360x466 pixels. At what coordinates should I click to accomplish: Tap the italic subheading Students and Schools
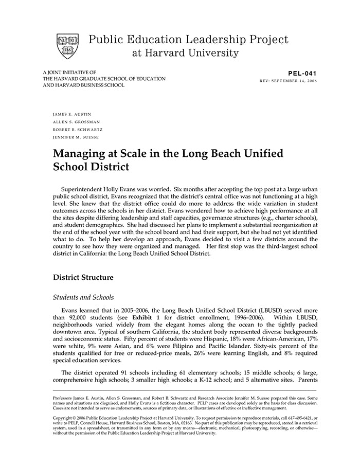(x=83, y=297)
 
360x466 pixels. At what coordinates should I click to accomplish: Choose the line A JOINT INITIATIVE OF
(x=69, y=73)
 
